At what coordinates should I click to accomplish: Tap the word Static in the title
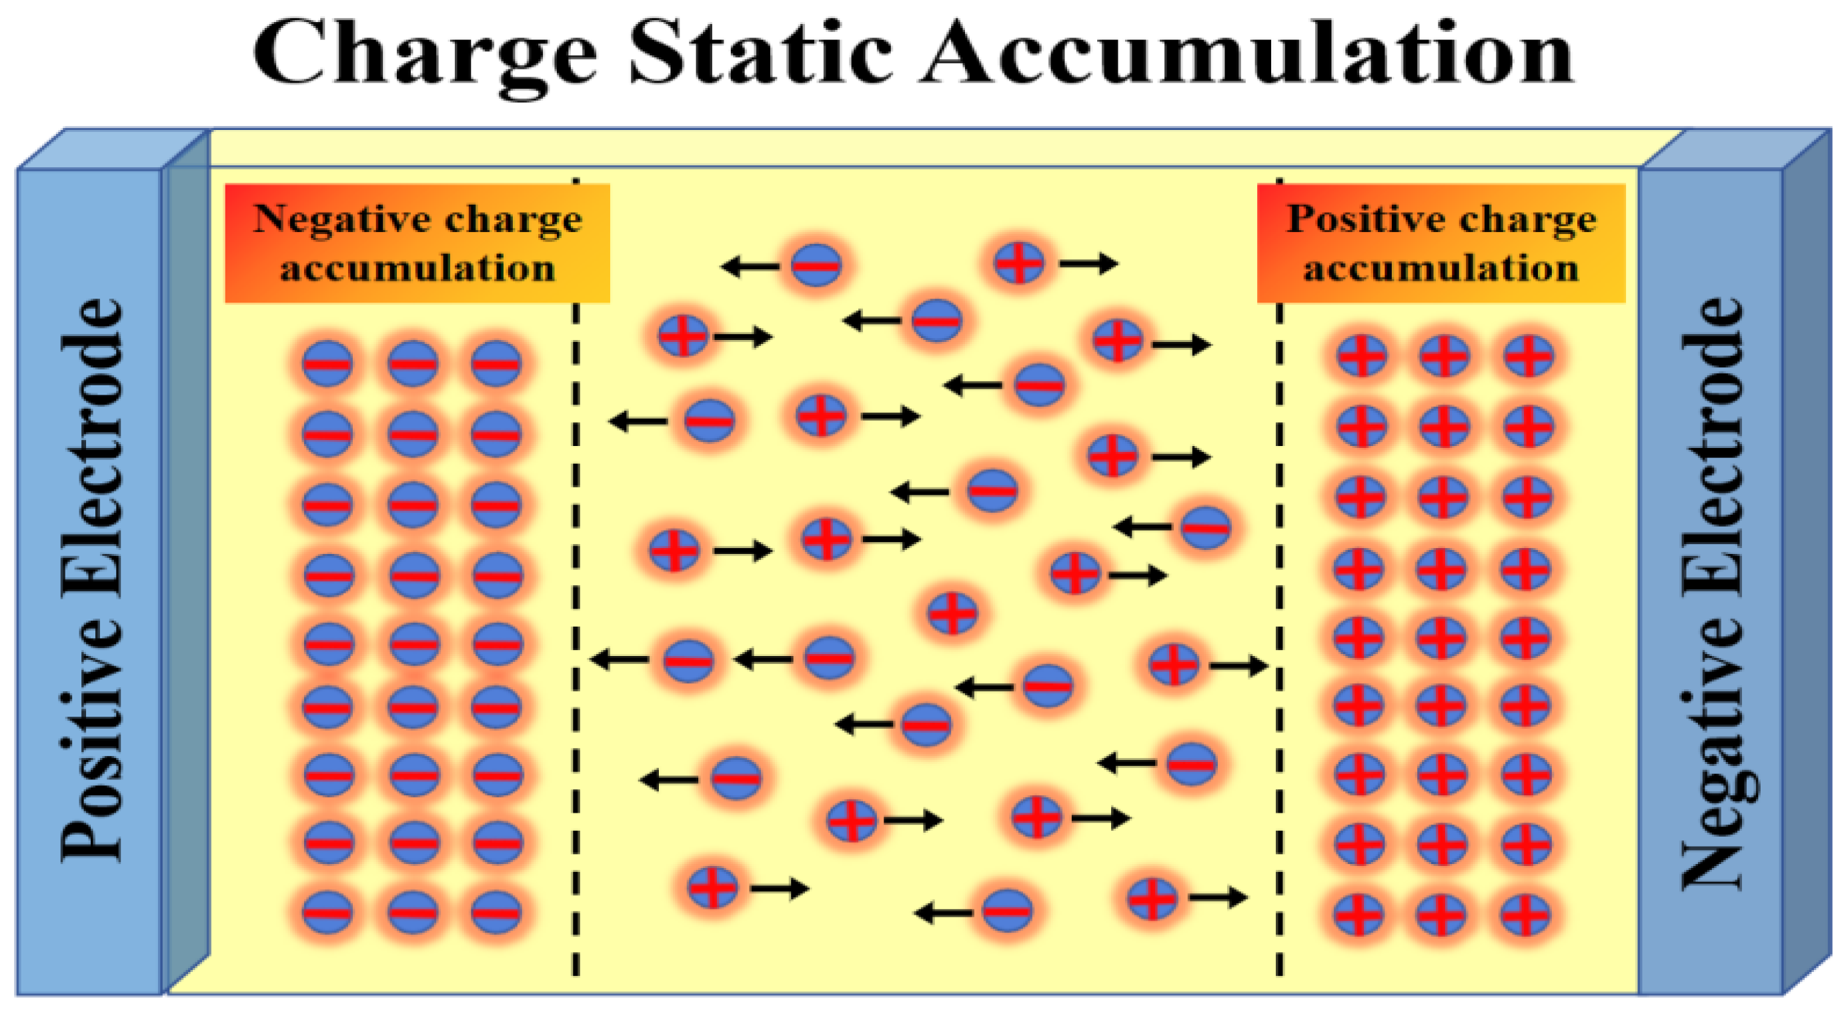point(760,53)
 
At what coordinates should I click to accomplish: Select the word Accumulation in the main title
point(1248,53)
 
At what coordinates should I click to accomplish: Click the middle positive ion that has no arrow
point(952,613)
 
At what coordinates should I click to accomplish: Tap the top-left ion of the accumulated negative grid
point(328,363)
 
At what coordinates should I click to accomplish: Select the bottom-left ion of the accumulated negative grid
point(328,912)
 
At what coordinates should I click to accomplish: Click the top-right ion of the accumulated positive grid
point(1528,356)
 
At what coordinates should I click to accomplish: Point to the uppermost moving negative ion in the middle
point(816,265)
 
